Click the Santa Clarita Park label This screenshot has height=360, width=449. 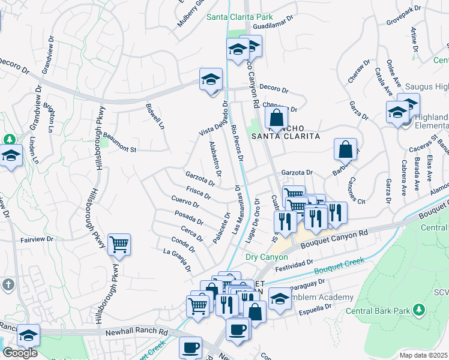tap(240, 17)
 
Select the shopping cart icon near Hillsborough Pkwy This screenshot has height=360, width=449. tap(119, 244)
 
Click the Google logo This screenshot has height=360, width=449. tap(20, 353)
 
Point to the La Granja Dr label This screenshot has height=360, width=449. tap(177, 260)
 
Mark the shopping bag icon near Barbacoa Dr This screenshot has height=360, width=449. tap(346, 149)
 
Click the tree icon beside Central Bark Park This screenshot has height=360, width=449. tap(419, 310)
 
